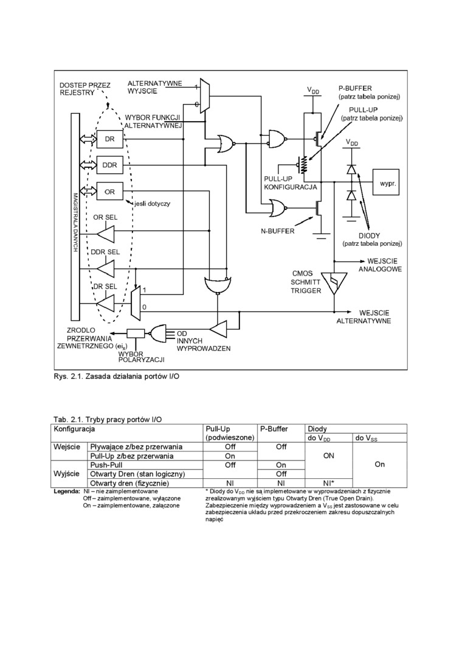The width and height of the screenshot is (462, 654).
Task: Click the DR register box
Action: (x=109, y=139)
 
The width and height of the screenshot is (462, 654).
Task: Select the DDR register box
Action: (x=109, y=165)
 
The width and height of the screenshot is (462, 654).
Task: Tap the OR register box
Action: (x=109, y=191)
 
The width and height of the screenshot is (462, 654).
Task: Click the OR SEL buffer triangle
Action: (x=106, y=233)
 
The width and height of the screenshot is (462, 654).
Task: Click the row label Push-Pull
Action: (x=108, y=464)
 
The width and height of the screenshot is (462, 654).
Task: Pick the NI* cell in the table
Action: (x=329, y=482)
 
